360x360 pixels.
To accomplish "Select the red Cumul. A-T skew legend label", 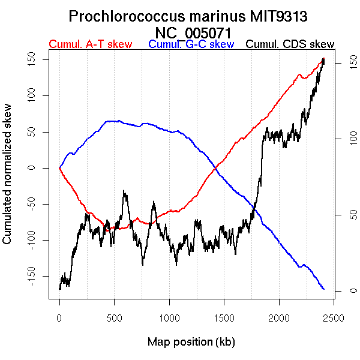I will [90, 44].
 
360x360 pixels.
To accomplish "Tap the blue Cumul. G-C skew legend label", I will [191, 44].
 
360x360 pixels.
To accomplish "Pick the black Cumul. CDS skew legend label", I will [290, 44].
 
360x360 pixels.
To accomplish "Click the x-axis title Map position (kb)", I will [191, 342].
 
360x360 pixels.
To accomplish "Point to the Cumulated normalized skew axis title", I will [8, 181].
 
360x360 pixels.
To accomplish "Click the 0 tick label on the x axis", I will [59, 317].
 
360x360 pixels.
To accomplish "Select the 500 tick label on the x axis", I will [114, 317].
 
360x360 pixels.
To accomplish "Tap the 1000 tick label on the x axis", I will [169, 317].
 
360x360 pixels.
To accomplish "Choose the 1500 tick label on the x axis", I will [224, 317].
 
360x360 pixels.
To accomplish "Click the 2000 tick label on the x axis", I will [278, 317].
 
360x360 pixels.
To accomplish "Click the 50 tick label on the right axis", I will [345, 215].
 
